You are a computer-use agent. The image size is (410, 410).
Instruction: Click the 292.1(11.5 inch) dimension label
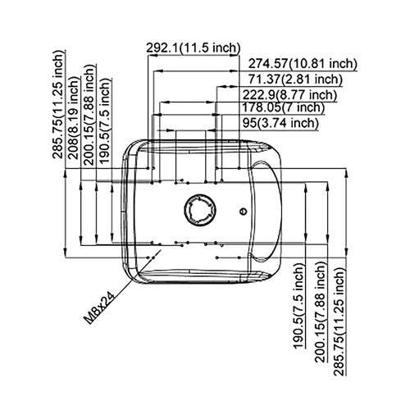click(x=194, y=48)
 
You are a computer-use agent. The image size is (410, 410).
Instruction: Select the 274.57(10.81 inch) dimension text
click(x=303, y=64)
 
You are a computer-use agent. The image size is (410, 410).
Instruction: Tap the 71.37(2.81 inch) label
click(x=295, y=80)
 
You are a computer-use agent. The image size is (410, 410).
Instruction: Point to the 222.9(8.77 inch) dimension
click(x=289, y=95)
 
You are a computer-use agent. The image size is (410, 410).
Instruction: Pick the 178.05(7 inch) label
click(x=284, y=107)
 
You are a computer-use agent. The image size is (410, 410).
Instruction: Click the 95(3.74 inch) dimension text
click(x=280, y=123)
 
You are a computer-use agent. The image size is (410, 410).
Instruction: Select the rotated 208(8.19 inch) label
click(x=74, y=117)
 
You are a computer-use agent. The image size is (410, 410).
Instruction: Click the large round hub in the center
click(x=200, y=210)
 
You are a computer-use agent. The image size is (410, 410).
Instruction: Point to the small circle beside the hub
click(x=243, y=211)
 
